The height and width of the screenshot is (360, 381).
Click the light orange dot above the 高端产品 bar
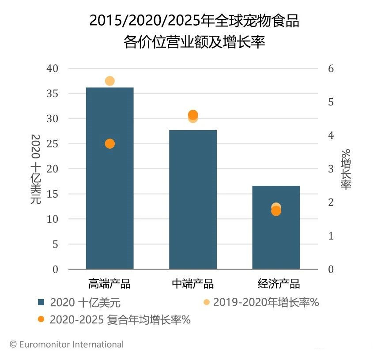(x=110, y=81)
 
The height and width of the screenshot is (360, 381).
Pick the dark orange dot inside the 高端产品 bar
(x=110, y=144)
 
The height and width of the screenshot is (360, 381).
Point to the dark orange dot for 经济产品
(x=276, y=211)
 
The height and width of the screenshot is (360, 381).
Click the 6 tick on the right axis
(x=331, y=68)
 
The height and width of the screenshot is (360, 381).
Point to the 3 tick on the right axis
(x=331, y=169)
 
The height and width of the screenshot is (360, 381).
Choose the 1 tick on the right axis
(x=331, y=236)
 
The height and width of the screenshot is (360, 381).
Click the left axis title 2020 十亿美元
(x=36, y=169)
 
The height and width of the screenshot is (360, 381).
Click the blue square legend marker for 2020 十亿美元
(x=41, y=303)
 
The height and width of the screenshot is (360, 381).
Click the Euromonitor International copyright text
(x=67, y=345)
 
